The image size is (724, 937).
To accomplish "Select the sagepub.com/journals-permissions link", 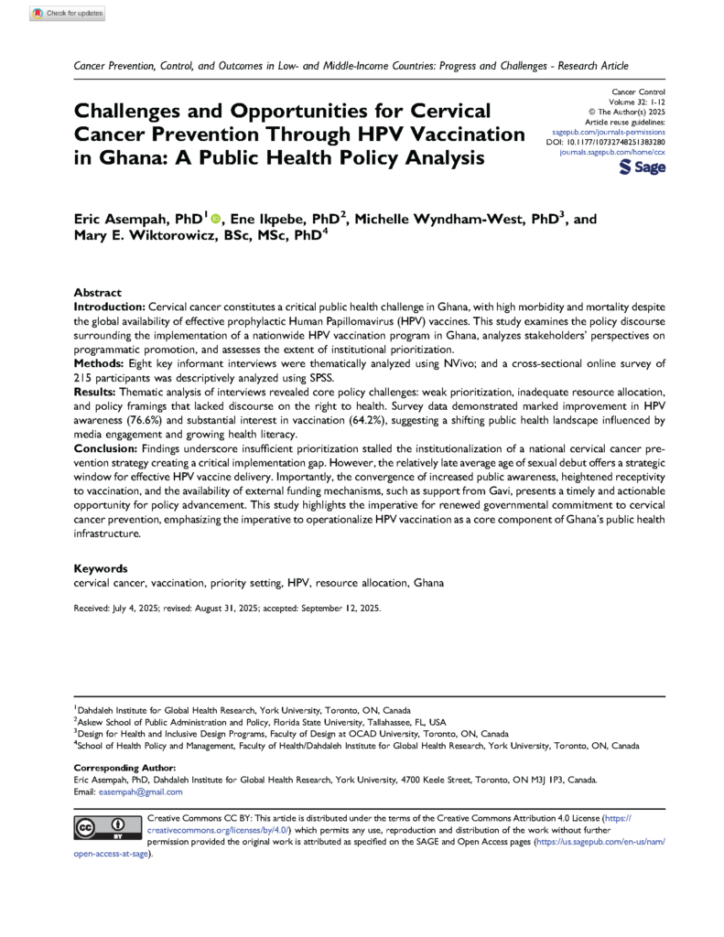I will tap(611, 133).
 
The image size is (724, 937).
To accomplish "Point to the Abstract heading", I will tap(98, 287).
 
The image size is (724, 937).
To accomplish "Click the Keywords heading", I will tap(101, 567).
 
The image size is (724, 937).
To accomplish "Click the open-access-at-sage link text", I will tap(111, 853).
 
